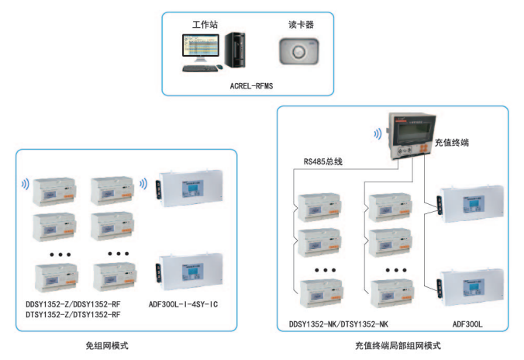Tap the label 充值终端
(x=451, y=143)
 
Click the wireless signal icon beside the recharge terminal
(x=378, y=133)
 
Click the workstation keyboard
(x=199, y=68)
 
